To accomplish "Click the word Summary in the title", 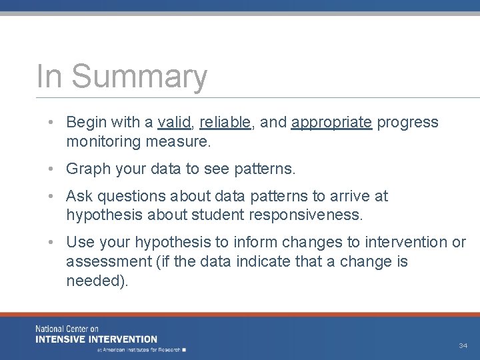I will point(139,77).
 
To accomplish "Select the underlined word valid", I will point(174,122).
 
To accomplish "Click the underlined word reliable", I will point(225,122).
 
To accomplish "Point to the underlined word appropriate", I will point(331,123).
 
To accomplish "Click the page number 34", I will point(463,345).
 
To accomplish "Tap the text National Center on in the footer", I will point(67,329).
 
